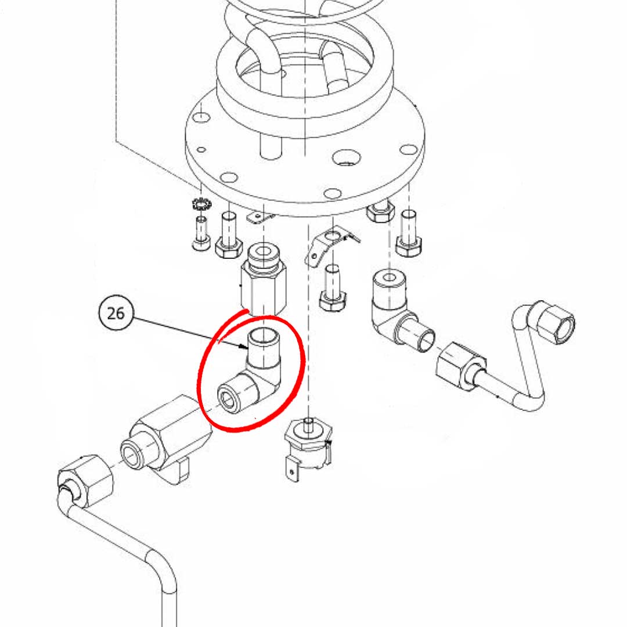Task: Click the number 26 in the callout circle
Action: pyautogui.click(x=116, y=313)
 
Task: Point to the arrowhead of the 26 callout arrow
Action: pyautogui.click(x=246, y=348)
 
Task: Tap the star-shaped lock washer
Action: pyautogui.click(x=201, y=205)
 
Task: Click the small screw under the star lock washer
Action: pyautogui.click(x=201, y=233)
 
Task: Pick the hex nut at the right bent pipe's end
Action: pyautogui.click(x=556, y=323)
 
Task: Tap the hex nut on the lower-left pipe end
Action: pyautogui.click(x=85, y=479)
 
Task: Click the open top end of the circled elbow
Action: pyautogui.click(x=265, y=336)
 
